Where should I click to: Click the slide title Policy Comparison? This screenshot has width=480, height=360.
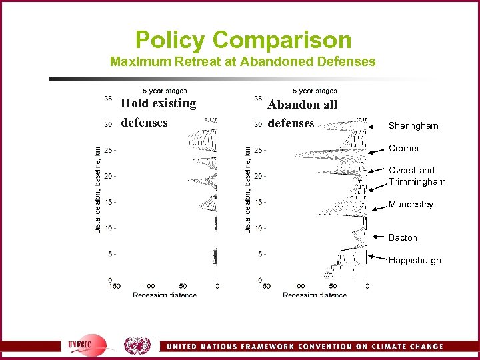coord(243,39)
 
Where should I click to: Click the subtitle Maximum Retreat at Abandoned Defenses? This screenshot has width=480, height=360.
coord(243,62)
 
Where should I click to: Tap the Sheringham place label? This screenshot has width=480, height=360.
coord(413,125)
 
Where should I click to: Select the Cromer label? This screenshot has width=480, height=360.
coord(404,149)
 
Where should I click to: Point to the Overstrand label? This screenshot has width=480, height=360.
coord(411,171)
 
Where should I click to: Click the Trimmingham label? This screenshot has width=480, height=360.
coord(417,182)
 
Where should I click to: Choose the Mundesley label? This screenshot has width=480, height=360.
coord(411,205)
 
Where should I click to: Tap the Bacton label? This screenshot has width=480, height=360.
coord(403,238)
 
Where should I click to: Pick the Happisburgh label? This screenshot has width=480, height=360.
coord(415,261)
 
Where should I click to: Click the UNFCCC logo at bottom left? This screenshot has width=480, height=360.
coord(87,345)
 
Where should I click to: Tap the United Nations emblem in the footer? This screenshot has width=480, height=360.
coord(138,345)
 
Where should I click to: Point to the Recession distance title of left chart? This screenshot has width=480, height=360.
coord(165,295)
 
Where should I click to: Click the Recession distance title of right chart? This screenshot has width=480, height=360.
coord(315,295)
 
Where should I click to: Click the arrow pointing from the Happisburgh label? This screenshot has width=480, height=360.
coord(379,257)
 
